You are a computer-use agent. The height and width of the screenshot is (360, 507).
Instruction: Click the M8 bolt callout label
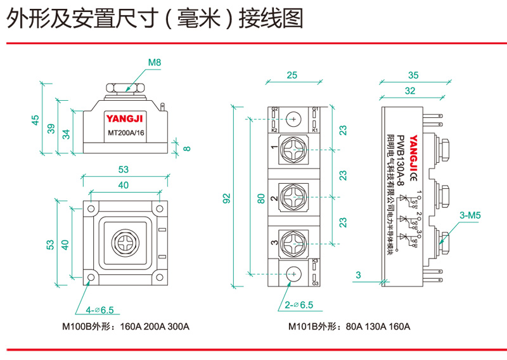(155, 63)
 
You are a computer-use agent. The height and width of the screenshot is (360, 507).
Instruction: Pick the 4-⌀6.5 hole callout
(99, 310)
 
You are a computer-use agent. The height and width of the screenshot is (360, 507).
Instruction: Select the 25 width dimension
(292, 75)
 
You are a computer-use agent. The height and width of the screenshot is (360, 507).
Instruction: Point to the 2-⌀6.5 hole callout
(299, 305)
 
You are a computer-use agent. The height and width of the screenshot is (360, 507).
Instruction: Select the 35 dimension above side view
(413, 75)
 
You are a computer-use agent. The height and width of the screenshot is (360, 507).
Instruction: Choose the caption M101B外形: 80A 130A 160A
(349, 327)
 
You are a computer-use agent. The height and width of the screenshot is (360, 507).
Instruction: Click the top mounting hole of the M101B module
(293, 119)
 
